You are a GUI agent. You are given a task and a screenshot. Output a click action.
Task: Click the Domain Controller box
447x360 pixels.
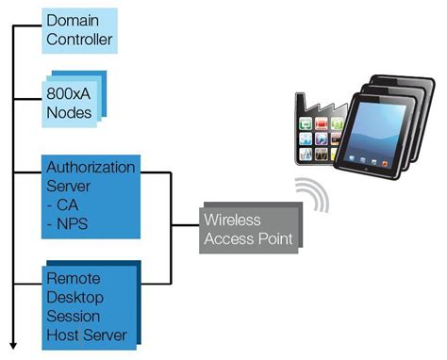pos(80,31)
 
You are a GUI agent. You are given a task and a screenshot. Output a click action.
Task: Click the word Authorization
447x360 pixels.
pos(91,167)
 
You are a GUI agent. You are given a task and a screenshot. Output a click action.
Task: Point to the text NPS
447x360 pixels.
pos(72,224)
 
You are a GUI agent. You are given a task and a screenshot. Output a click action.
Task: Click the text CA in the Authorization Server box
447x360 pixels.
pos(67,205)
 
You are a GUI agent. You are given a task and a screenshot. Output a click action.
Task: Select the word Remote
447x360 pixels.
pos(74,279)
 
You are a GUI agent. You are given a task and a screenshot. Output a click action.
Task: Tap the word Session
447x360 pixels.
pos(74,317)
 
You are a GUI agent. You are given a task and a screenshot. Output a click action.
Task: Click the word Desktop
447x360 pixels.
pos(75,298)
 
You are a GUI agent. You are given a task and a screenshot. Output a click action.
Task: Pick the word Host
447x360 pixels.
pos(63,335)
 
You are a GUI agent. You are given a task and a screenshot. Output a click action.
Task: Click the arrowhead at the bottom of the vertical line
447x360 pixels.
pos(13,346)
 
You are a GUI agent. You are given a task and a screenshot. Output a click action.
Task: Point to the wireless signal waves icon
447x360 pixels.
pos(312,194)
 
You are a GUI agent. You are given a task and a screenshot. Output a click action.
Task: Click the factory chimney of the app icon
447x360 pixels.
pos(300,102)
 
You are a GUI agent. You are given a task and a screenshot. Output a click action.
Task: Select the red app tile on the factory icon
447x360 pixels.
pos(322,123)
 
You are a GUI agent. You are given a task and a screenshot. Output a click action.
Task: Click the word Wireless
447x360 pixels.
pos(232,220)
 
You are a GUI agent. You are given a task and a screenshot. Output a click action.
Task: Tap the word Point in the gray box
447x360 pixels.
pos(275,238)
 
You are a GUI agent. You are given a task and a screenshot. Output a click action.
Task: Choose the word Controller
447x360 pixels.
pos(79,40)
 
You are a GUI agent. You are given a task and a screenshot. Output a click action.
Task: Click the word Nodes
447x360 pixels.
pos(69,112)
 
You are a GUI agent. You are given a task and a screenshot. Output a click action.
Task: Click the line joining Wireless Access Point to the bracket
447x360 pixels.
pos(186,225)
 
